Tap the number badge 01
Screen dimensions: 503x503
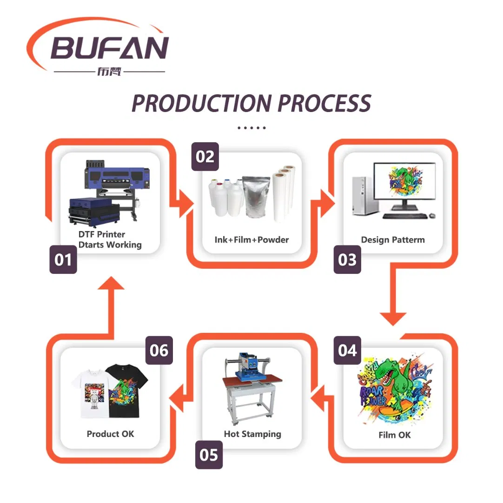pyautogui.click(x=63, y=260)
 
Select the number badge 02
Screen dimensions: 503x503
pyautogui.click(x=205, y=157)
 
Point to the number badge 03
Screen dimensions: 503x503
pyautogui.click(x=347, y=260)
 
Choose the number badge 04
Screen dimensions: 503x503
pyautogui.click(x=347, y=350)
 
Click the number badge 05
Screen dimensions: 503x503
pyautogui.click(x=209, y=455)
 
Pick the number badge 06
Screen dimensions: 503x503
pyautogui.click(x=159, y=350)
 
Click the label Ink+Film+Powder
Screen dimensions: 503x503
pyautogui.click(x=251, y=240)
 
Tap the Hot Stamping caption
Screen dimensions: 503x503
pyautogui.click(x=252, y=434)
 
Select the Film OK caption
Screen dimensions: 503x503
pyautogui.click(x=394, y=435)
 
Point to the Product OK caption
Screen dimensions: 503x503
pyautogui.click(x=110, y=434)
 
